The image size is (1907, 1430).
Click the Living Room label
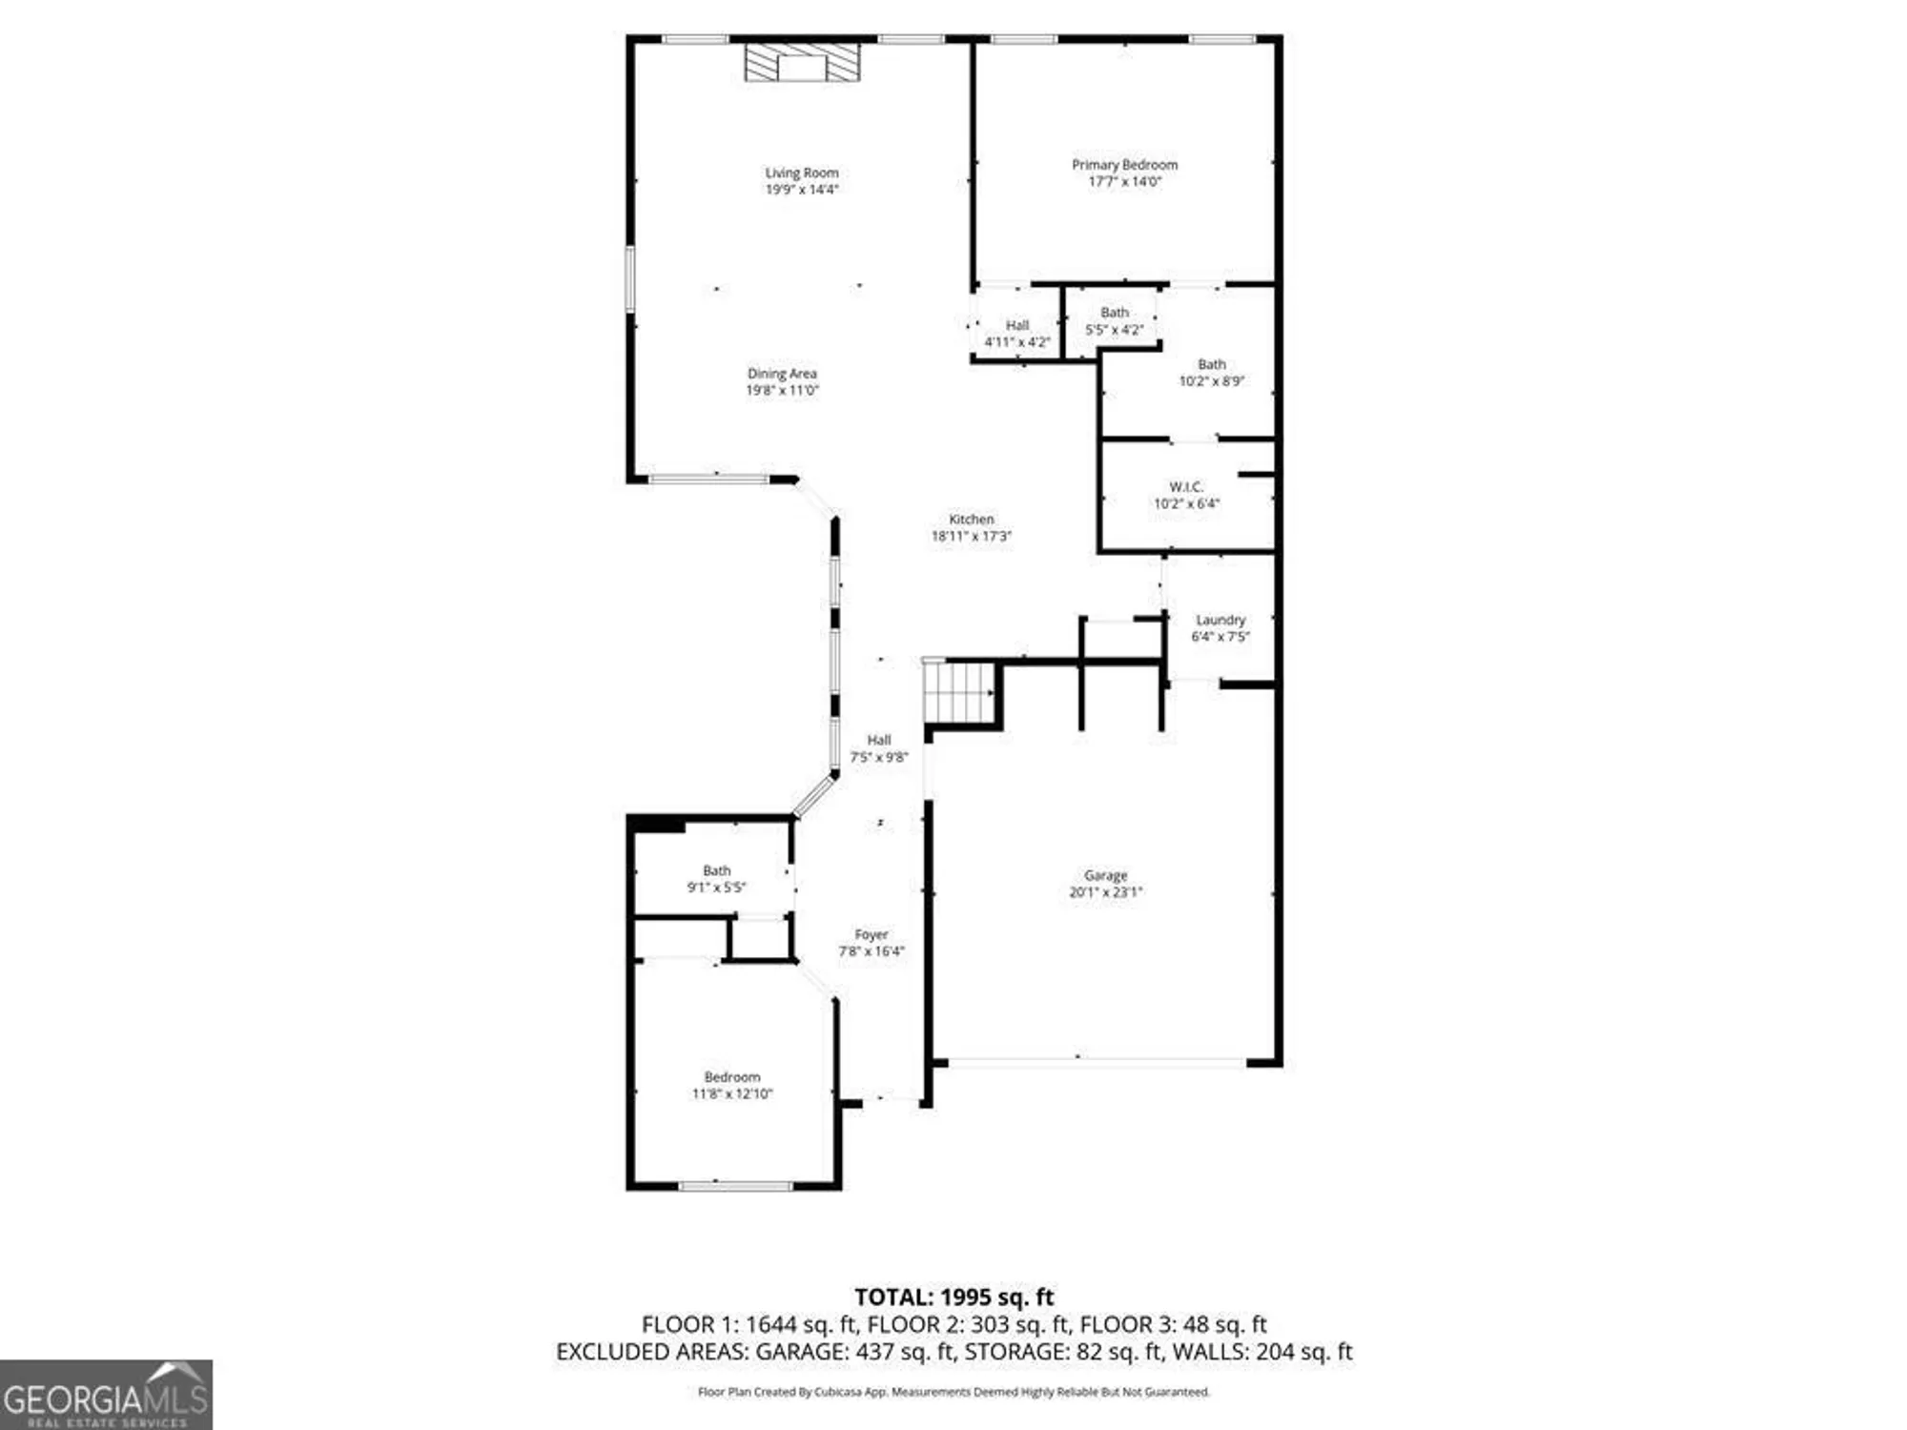pos(801,173)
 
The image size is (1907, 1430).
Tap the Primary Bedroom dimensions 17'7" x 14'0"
pos(1124,181)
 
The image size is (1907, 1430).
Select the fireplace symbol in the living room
pos(802,63)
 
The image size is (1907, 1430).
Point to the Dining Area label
pos(782,374)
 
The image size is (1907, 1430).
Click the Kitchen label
pos(971,520)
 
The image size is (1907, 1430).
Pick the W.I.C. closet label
pos(1186,487)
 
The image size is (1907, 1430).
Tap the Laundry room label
pos(1220,620)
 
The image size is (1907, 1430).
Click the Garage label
pos(1105,875)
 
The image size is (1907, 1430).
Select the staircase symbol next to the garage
pos(959,692)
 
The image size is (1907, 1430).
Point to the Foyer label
pos(871,935)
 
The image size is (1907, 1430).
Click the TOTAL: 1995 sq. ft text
pos(953,1297)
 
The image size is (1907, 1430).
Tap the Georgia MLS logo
pos(106,1395)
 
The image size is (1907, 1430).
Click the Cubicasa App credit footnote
pos(953,1392)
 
